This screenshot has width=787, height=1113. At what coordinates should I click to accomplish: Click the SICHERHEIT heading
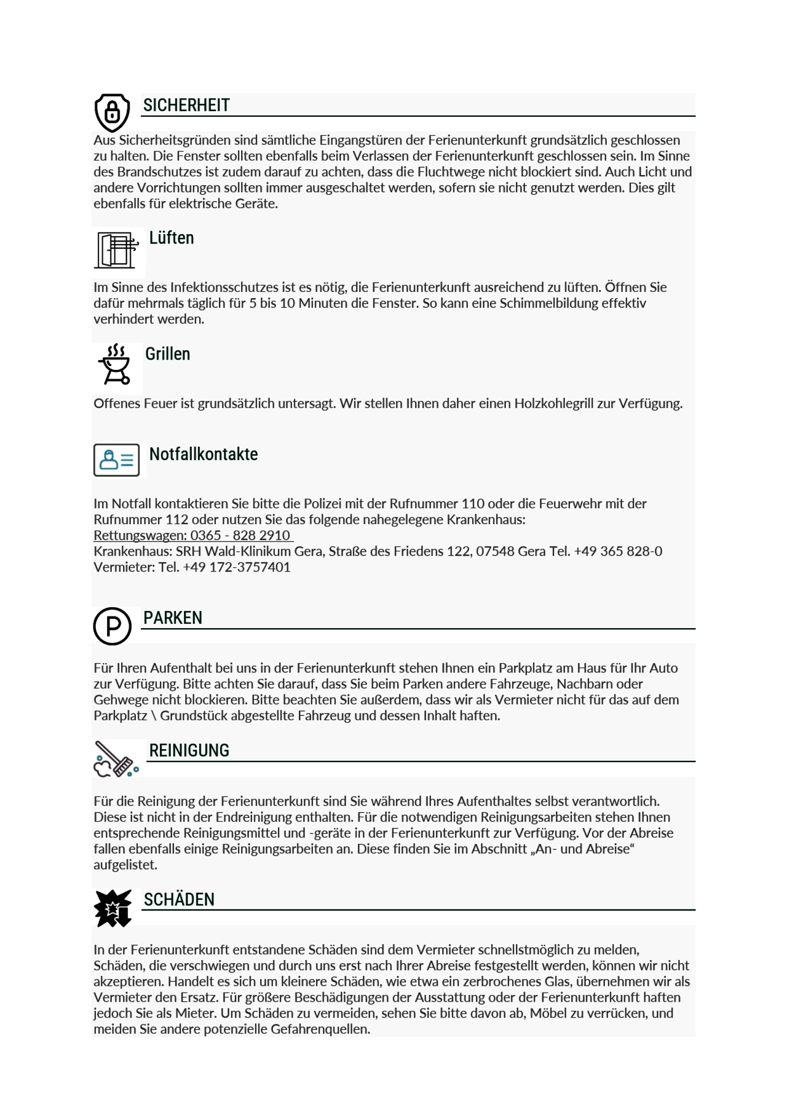tap(186, 106)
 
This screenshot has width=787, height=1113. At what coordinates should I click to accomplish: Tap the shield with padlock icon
tap(112, 112)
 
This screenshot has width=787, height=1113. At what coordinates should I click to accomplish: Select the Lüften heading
tap(172, 238)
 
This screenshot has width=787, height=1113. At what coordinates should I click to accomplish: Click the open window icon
tap(117, 250)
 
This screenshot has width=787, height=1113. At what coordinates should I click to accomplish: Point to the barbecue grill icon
tap(116, 364)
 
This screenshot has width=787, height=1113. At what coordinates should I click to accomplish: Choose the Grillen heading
tap(167, 355)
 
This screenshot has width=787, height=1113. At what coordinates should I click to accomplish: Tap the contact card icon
tap(116, 460)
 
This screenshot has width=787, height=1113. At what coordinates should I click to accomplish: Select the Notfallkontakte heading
tap(204, 455)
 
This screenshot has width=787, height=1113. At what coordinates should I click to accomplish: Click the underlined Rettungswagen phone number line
tap(192, 535)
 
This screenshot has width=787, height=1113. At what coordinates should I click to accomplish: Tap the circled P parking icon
tap(113, 626)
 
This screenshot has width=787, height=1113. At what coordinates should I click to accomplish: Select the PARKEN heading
tap(173, 618)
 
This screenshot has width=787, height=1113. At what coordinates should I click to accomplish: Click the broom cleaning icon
tap(116, 760)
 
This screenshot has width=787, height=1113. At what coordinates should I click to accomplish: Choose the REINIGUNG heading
tap(189, 751)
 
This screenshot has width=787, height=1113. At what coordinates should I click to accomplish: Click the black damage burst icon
tap(113, 908)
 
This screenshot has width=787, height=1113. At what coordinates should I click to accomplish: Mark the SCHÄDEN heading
tap(179, 900)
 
